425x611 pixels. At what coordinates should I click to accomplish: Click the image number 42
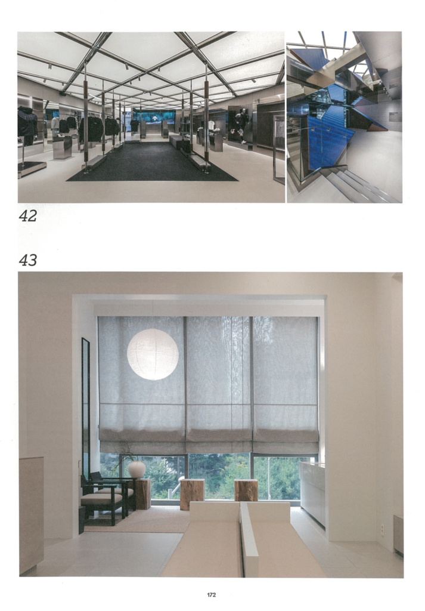(x=27, y=216)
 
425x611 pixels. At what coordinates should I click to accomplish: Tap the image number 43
(x=27, y=260)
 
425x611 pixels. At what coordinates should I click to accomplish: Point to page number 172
(x=212, y=595)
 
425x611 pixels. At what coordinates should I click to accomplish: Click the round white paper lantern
(x=153, y=354)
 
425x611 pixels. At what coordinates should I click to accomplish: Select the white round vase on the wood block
(x=137, y=470)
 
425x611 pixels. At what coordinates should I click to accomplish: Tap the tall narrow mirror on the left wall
(x=86, y=409)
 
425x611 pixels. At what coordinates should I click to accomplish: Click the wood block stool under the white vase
(x=142, y=493)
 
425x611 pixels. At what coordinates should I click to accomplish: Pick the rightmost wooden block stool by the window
(x=246, y=490)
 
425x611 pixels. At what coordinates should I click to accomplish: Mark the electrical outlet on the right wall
(x=382, y=529)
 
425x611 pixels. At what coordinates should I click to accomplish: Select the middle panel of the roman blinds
(x=219, y=384)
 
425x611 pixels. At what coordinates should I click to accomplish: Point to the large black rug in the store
(x=152, y=161)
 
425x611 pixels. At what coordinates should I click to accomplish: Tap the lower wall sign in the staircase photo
(x=394, y=117)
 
